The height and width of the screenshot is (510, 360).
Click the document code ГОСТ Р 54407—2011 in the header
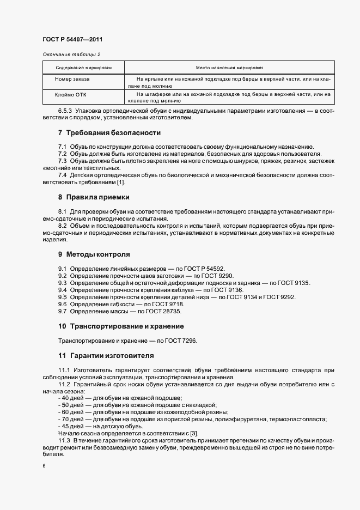pyautogui.click(x=72, y=40)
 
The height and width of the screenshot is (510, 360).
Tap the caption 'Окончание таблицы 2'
pyautogui.click(x=71, y=54)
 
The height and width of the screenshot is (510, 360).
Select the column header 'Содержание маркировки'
pyautogui.click(x=83, y=68)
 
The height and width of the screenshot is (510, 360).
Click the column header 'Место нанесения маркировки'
pyautogui.click(x=229, y=68)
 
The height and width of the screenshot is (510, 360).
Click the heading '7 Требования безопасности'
pyautogui.click(x=109, y=133)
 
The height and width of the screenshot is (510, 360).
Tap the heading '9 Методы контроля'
pyautogui.click(x=94, y=254)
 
